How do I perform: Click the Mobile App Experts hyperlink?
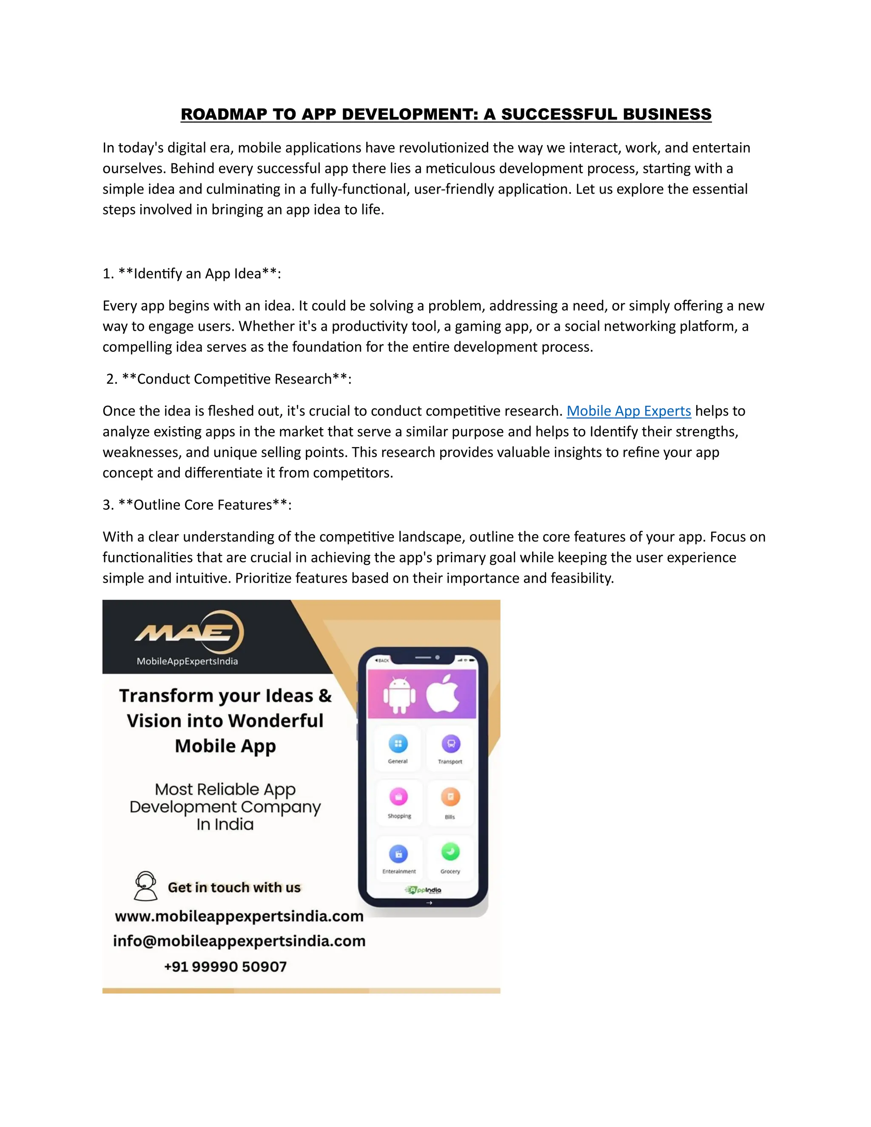coord(629,411)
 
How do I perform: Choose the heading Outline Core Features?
coord(203,505)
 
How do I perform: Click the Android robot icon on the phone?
coord(399,694)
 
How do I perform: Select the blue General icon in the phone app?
coord(398,743)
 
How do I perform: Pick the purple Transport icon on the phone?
coord(450,743)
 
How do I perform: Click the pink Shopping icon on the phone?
coord(398,796)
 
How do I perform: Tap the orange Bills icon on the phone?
coord(450,797)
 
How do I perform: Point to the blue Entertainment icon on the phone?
coord(398,854)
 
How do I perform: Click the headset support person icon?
coord(145,885)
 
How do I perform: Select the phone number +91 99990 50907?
coord(225,967)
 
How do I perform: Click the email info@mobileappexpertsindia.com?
coord(239,941)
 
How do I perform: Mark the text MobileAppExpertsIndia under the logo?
coord(187,661)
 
